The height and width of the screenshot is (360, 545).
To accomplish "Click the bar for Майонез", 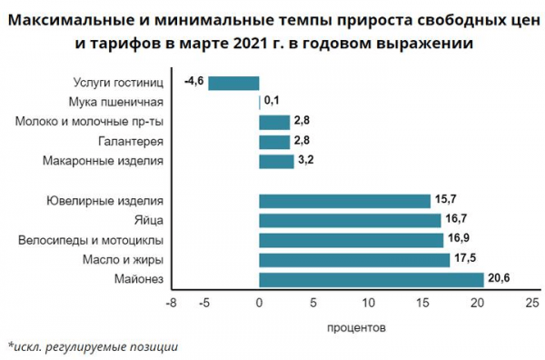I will pos(371,279).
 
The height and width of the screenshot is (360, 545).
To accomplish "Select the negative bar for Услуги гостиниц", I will pos(233,83).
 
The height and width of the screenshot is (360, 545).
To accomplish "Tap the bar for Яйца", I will pos(350,220).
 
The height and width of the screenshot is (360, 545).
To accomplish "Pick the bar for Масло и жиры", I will pos(354,260).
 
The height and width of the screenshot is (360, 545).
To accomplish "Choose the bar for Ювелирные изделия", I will pos(344,201).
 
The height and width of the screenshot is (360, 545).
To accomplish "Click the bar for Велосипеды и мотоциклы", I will pos(351,240).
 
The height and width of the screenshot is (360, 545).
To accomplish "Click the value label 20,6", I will pos(499,279).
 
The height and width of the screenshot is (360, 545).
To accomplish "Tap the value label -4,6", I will pos(193,83).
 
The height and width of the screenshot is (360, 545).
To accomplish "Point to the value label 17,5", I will pos(465,260).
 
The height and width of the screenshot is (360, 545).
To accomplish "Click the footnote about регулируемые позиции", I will pos(93,346).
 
